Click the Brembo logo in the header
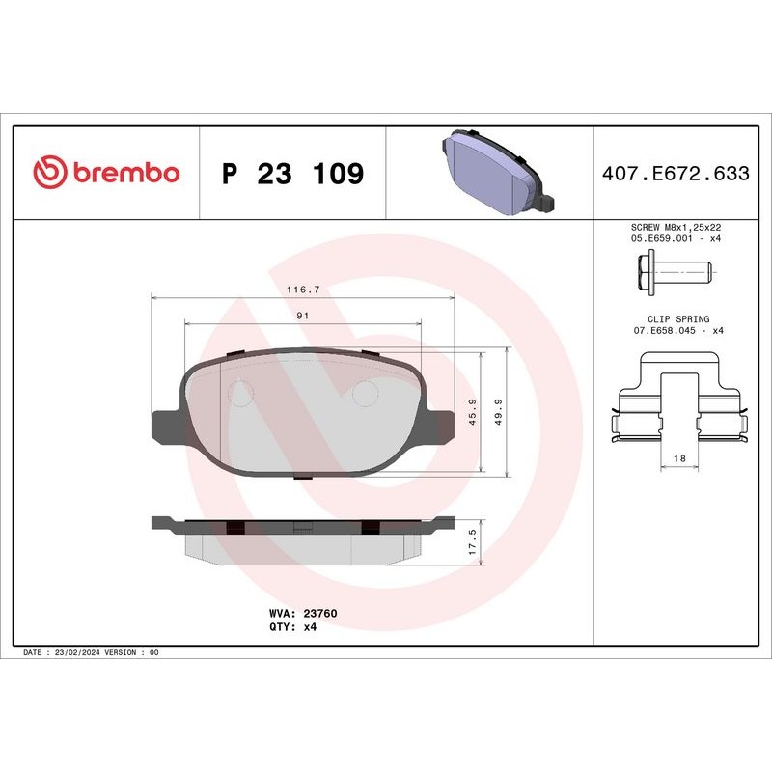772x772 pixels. coord(106,174)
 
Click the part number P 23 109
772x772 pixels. coord(292,175)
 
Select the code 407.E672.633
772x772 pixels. coord(675,174)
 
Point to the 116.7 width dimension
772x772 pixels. coord(303,289)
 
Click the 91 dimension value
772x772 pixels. coord(302,316)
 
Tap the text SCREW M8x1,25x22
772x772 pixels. coord(675,227)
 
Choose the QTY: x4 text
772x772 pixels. coord(292,626)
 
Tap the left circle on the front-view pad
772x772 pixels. coord(240,394)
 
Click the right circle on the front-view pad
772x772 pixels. coord(364,394)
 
